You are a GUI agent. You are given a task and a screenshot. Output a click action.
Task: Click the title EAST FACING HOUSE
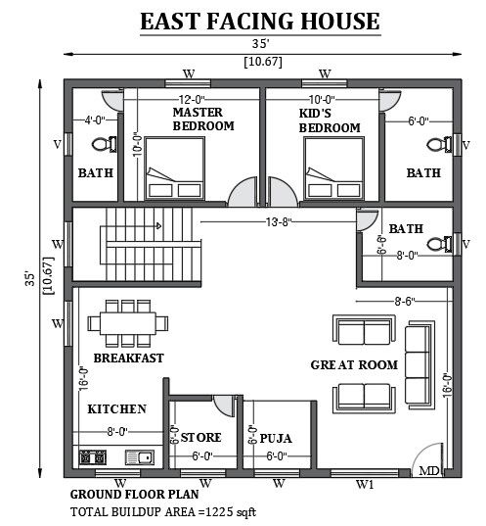click(259, 21)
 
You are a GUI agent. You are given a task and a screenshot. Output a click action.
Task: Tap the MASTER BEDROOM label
click(202, 120)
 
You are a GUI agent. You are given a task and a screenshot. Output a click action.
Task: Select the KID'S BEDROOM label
click(329, 120)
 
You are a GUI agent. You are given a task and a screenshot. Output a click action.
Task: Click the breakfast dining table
click(121, 322)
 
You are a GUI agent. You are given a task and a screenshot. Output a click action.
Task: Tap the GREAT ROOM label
click(354, 364)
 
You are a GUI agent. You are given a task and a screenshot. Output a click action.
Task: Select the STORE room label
click(201, 437)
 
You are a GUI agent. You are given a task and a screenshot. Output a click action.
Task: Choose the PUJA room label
click(277, 438)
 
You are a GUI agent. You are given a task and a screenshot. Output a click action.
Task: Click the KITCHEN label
click(117, 408)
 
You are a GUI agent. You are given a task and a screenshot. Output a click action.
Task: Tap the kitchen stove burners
click(93, 457)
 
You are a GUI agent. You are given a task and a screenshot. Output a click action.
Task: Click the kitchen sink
click(138, 457)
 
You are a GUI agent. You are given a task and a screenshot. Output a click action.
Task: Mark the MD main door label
click(428, 471)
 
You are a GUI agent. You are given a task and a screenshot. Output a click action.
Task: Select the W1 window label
click(364, 484)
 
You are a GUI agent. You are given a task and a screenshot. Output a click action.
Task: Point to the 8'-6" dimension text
click(403, 302)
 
